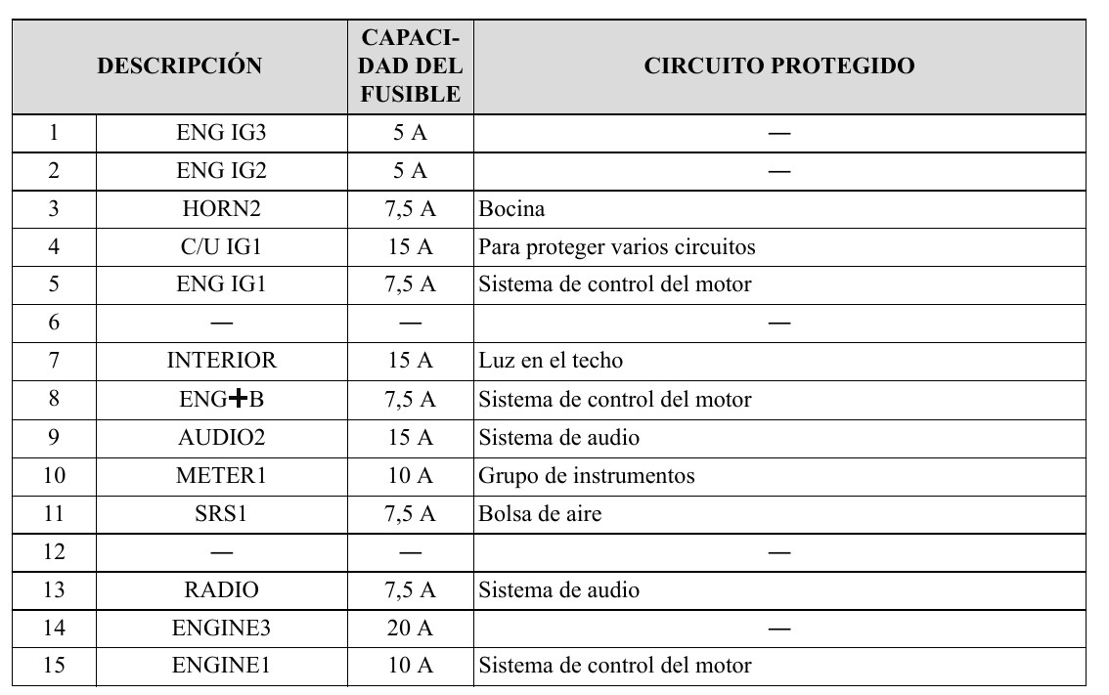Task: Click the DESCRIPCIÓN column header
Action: [x=180, y=66]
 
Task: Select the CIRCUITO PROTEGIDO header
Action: [x=779, y=66]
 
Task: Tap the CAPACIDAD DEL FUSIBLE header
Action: [x=411, y=66]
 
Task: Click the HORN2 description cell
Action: [x=221, y=209]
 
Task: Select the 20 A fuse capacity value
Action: [x=411, y=629]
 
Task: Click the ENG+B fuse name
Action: [x=221, y=400]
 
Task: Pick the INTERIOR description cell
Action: [x=221, y=362]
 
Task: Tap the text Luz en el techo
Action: [x=551, y=362]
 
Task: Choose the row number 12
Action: [x=54, y=552]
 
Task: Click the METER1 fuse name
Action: [x=221, y=476]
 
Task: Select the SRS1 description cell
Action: [x=221, y=514]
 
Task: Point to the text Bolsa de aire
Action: [x=540, y=514]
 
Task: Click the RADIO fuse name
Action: [x=221, y=590]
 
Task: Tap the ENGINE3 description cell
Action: [x=221, y=629]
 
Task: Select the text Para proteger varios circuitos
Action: [x=617, y=247]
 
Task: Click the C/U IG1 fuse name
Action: [x=221, y=247]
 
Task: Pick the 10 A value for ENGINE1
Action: [x=411, y=667]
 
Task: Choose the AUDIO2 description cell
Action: [x=221, y=438]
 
